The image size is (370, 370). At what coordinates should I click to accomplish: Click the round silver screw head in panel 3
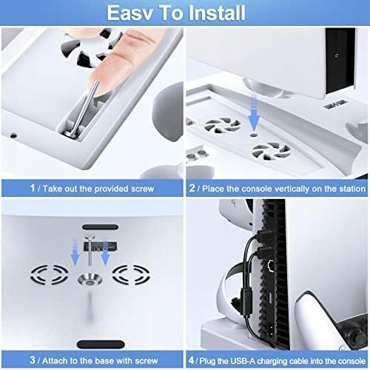click(x=90, y=282)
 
